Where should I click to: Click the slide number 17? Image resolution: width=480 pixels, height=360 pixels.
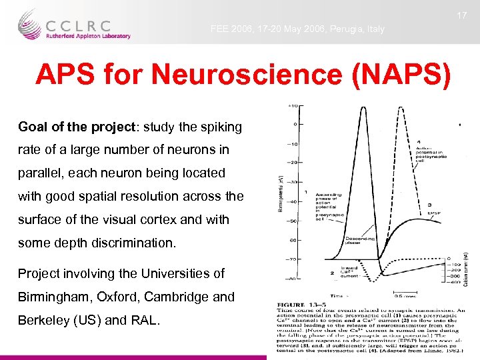pyautogui.click(x=461, y=15)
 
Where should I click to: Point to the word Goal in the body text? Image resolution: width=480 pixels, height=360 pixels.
pyautogui.click(x=32, y=127)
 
